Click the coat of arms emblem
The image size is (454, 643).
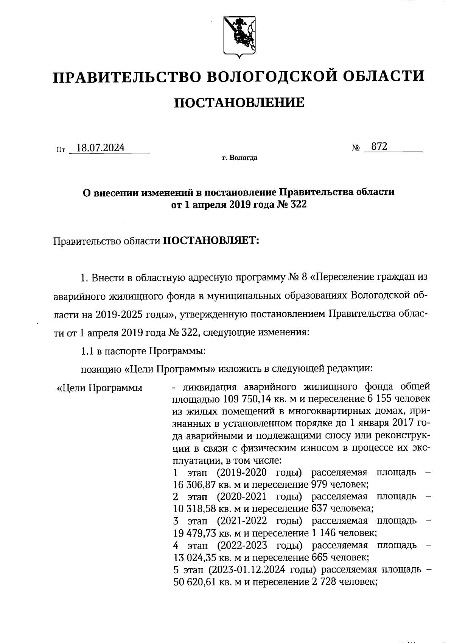[239, 37]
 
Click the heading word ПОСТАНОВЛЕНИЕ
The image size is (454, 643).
[239, 102]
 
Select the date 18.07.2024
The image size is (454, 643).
[100, 148]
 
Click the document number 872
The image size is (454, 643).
[379, 147]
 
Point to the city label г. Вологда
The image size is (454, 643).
[239, 158]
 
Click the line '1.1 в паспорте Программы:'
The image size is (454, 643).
[143, 351]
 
